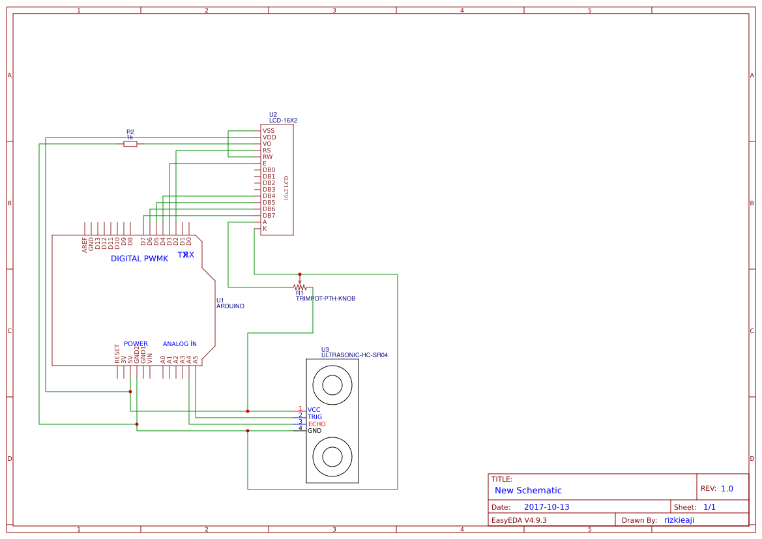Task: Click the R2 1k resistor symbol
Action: tap(130, 144)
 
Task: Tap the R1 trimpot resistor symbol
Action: tap(300, 287)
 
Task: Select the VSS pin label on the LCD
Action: tap(269, 131)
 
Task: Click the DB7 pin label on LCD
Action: tap(269, 216)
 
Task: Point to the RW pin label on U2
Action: tap(267, 157)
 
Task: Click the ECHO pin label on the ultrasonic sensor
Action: tap(316, 424)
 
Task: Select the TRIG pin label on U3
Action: tap(315, 417)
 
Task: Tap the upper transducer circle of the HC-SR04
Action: tap(332, 385)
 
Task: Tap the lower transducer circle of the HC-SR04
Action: tap(332, 456)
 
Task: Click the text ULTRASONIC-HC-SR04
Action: tap(354, 355)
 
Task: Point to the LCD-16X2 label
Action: tap(283, 121)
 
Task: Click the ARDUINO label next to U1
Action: tap(230, 306)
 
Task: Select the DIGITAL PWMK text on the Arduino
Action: tap(139, 259)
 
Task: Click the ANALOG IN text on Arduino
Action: tap(179, 343)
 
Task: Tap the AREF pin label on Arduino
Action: tap(85, 244)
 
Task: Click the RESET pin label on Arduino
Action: tap(117, 353)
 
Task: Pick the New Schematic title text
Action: tap(528, 490)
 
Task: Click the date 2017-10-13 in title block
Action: tap(546, 507)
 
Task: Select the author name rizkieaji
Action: tap(679, 520)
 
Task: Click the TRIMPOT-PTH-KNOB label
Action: tap(325, 299)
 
